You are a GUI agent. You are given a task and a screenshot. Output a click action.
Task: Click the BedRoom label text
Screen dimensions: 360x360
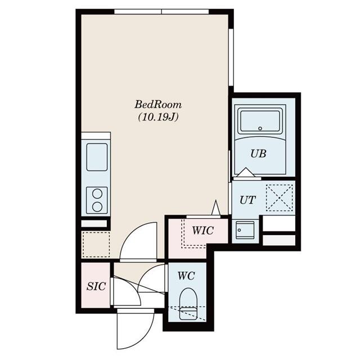[158, 105]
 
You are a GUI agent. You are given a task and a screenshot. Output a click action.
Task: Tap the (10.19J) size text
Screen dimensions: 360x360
[158, 118]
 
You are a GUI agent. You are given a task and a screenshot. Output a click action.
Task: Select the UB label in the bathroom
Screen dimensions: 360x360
[258, 154]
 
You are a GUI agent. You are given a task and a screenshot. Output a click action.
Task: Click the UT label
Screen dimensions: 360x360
[247, 200]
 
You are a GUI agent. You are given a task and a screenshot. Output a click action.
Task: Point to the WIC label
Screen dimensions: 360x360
[203, 231]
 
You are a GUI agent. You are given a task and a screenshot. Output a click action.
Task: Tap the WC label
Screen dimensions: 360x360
[186, 276]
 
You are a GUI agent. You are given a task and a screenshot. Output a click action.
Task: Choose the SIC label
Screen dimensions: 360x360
[96, 286]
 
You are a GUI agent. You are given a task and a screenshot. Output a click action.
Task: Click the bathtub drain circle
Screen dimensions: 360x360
[260, 128]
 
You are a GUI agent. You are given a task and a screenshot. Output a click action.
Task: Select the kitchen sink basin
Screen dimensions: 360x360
[97, 157]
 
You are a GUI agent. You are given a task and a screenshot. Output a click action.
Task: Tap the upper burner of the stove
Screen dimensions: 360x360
[97, 194]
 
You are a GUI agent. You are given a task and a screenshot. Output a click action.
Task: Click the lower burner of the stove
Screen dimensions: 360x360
[97, 207]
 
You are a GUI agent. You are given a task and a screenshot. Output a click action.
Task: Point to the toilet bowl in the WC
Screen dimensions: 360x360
[188, 299]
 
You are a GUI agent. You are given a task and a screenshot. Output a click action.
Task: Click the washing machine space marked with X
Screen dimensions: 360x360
[280, 197]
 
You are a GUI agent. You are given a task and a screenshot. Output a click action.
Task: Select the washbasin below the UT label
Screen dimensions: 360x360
[245, 230]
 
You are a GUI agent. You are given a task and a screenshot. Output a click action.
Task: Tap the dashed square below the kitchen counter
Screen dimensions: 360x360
[96, 245]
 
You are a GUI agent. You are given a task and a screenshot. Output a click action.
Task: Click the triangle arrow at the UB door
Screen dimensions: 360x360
[246, 173]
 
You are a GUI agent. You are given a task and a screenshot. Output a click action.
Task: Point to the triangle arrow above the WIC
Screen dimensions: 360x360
[215, 208]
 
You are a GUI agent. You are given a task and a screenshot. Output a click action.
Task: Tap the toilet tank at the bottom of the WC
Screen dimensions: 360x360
[188, 314]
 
